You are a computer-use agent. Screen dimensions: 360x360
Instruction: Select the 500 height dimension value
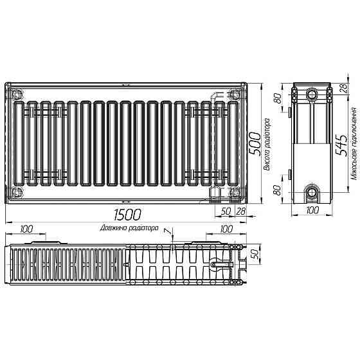256,142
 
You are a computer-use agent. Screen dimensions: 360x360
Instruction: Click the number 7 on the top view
166,231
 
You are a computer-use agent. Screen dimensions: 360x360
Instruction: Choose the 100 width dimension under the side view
312,210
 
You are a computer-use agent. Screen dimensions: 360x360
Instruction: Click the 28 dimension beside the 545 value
344,89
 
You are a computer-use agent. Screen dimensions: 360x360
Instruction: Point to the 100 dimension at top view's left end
27,228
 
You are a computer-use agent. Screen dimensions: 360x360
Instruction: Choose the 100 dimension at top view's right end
225,228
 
